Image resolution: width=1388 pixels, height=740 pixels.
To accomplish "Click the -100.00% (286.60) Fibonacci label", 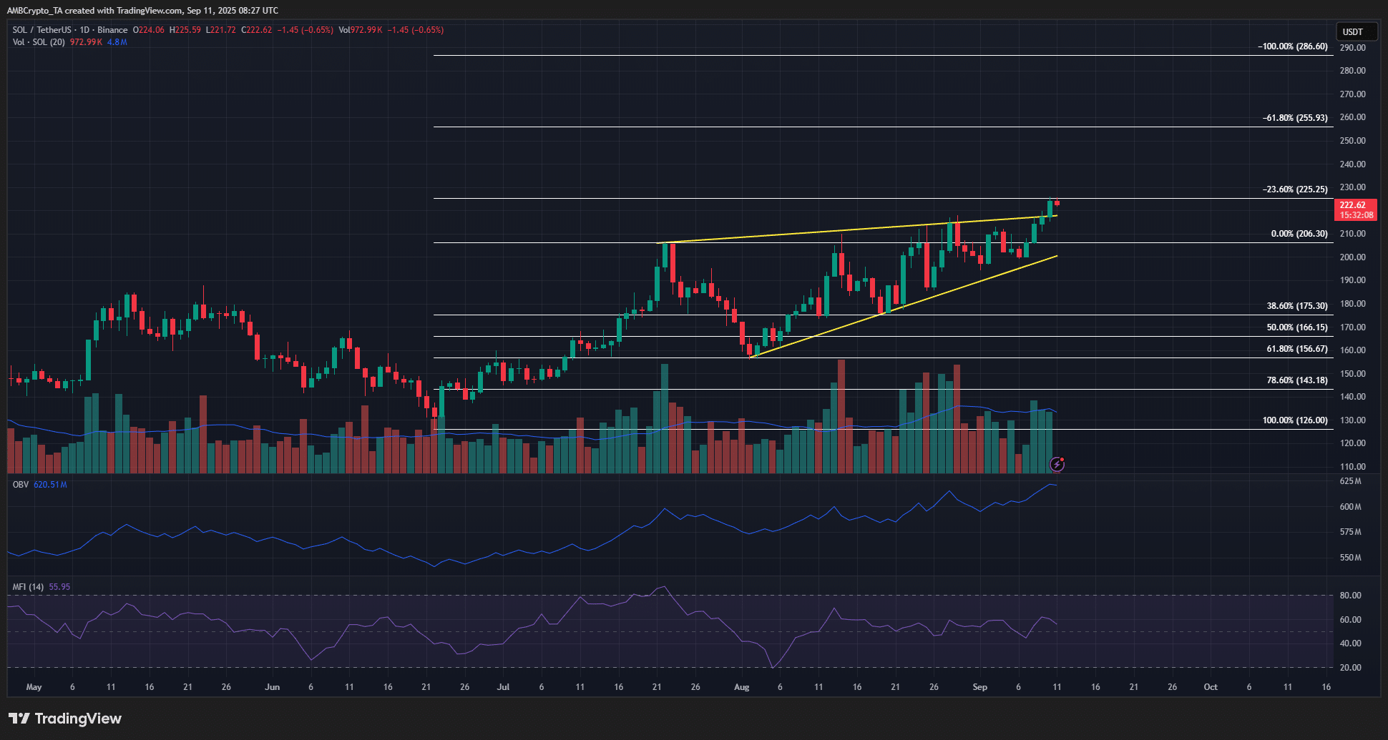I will coord(1293,46).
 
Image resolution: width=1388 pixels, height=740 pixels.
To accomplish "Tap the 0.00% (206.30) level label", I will coord(1299,234).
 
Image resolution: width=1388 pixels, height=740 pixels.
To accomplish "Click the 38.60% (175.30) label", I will coord(1297,306).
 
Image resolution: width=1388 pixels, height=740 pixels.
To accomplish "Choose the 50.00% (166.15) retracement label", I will coord(1297,327).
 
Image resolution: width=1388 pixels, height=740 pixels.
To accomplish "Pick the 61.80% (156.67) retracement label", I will coord(1297,349).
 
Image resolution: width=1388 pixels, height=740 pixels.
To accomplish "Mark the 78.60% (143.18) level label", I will coord(1297,380).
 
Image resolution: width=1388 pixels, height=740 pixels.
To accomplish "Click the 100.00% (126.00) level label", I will coord(1295,420).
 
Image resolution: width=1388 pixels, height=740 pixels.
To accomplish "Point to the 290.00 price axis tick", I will coord(1352,47).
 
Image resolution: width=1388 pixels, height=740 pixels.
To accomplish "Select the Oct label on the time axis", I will coord(1211,687).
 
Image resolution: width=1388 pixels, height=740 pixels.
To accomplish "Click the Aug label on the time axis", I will coord(742,687).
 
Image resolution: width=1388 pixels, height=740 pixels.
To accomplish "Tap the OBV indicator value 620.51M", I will coord(50,485).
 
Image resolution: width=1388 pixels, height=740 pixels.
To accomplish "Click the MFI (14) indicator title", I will coord(28,587).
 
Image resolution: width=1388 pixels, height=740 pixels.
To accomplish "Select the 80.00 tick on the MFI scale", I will coord(1350,596).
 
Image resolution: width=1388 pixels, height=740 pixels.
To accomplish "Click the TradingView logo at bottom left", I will coord(65,719).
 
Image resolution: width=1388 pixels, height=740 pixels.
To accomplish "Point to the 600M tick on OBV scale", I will coord(1350,507).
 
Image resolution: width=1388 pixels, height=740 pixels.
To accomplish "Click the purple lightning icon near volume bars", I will coord(1057,465).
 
